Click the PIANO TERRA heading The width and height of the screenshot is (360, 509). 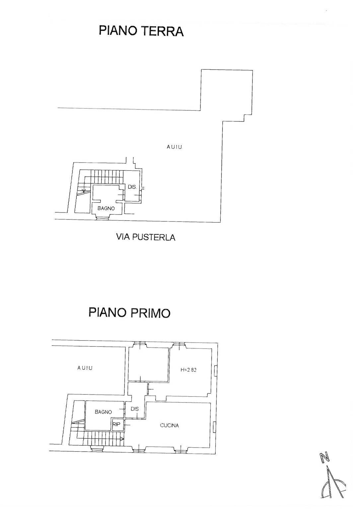[141, 31]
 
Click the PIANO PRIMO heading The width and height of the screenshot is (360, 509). [129, 313]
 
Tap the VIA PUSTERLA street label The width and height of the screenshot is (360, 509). [145, 237]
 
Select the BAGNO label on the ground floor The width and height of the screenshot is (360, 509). [106, 209]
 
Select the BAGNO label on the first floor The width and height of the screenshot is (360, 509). [103, 412]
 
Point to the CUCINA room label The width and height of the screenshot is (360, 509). [169, 425]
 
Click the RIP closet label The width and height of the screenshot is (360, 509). [116, 424]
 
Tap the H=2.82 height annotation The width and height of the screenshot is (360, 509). [188, 370]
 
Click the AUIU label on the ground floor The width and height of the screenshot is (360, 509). [174, 147]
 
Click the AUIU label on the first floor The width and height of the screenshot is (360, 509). [85, 368]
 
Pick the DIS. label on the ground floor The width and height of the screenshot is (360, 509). [132, 187]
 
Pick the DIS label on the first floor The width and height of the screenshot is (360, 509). [134, 409]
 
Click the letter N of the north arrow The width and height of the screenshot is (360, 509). [324, 458]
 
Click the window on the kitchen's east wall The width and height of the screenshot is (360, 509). [215, 426]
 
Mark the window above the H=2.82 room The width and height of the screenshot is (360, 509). [179, 345]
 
